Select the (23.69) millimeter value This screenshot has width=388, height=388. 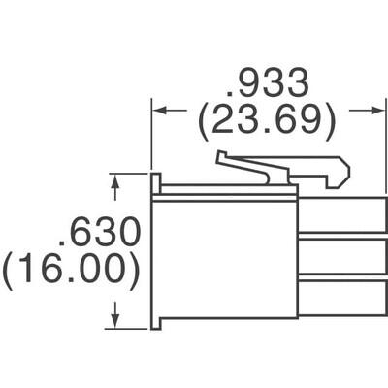click(x=266, y=121)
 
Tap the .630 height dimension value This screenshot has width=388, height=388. click(x=100, y=233)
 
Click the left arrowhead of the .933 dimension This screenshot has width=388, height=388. click(x=156, y=111)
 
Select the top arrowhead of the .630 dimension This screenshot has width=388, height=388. click(x=116, y=180)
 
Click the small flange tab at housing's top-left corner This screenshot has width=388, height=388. click(x=155, y=182)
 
